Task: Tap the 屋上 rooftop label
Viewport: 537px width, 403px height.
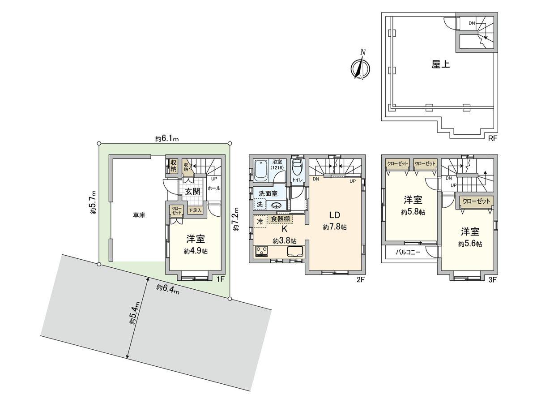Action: pyautogui.click(x=440, y=64)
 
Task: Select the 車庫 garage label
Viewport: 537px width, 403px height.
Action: pyautogui.click(x=139, y=215)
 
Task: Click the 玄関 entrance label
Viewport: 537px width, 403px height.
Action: pyautogui.click(x=192, y=192)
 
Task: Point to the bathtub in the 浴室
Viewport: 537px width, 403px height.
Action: pyautogui.click(x=260, y=169)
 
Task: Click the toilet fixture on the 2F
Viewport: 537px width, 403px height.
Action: pyautogui.click(x=296, y=168)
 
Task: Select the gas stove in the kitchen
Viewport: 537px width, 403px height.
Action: pyautogui.click(x=260, y=252)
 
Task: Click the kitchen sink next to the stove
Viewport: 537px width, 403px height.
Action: pyautogui.click(x=295, y=252)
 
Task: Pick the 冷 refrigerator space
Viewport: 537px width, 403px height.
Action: pyautogui.click(x=260, y=222)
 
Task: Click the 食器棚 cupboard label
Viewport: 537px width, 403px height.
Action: pyautogui.click(x=280, y=219)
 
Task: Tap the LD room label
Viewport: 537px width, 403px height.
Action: pyautogui.click(x=335, y=214)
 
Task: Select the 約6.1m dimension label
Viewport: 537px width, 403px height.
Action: pyautogui.click(x=167, y=139)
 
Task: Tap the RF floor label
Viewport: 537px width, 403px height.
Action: pyautogui.click(x=492, y=138)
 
